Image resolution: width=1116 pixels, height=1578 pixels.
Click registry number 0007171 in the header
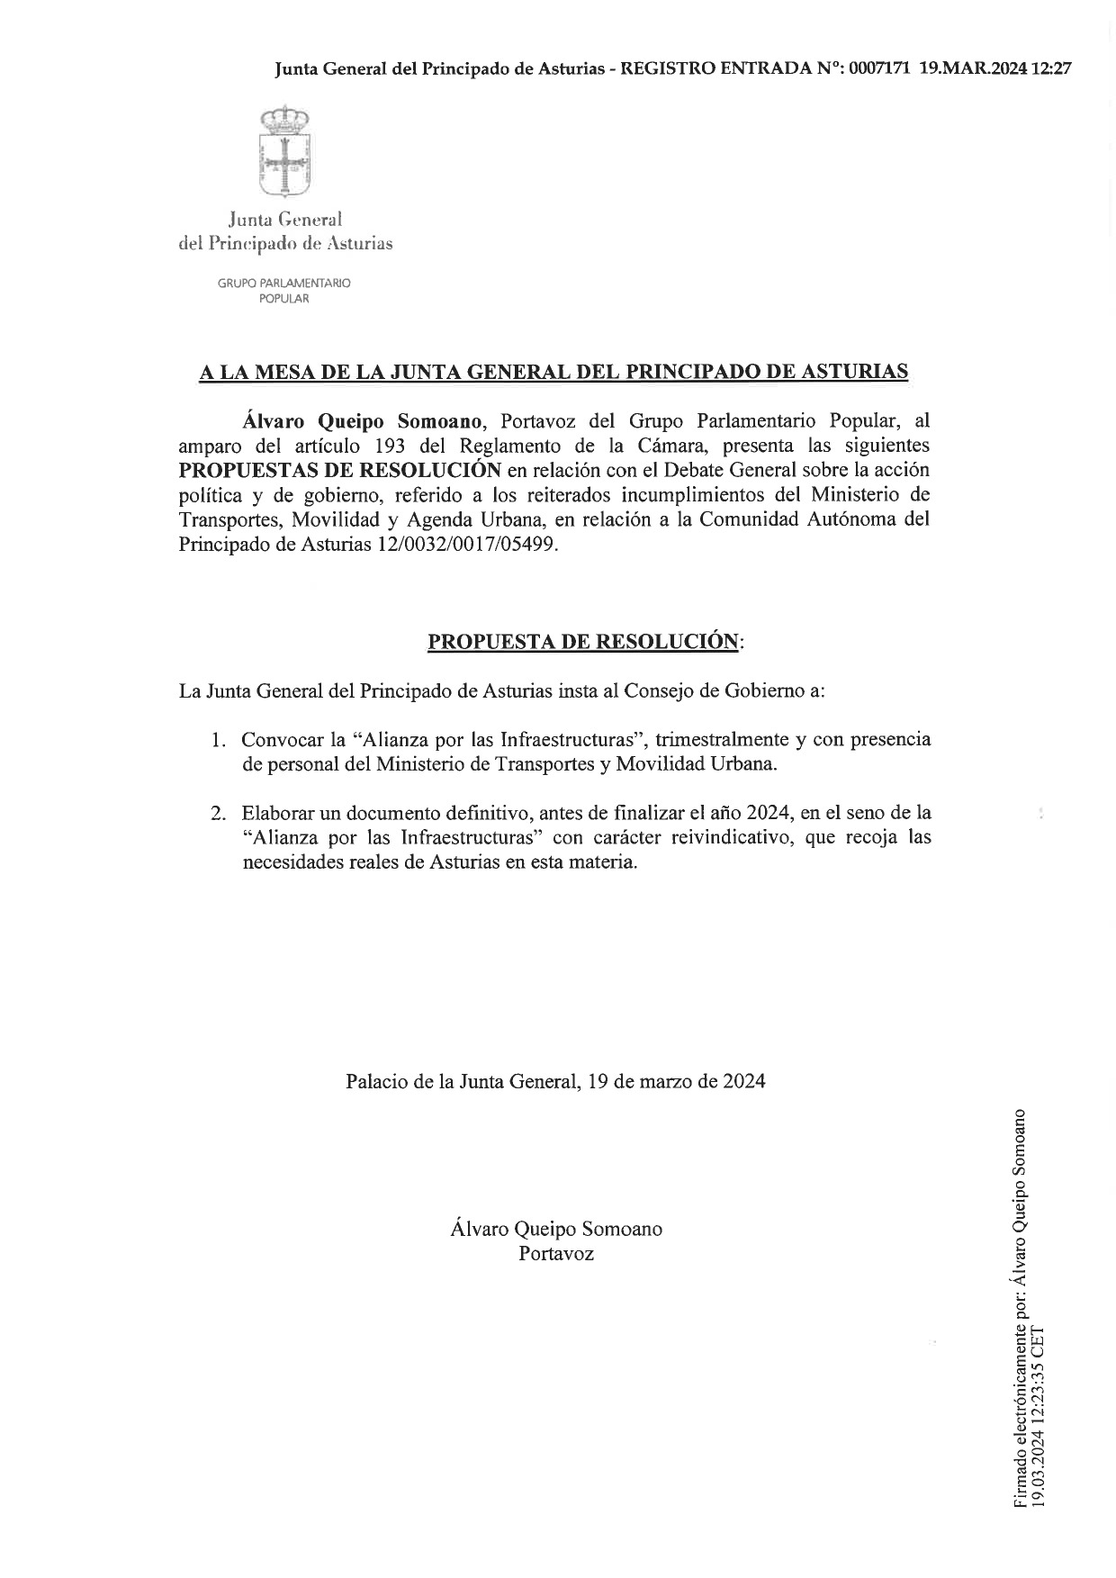click(x=879, y=68)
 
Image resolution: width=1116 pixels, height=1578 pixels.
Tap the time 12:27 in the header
click(x=1052, y=68)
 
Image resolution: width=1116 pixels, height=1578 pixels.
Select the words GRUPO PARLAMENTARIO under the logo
click(x=283, y=283)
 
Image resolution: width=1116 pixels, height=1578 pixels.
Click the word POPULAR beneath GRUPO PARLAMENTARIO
click(x=283, y=299)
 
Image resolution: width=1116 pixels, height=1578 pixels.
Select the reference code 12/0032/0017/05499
click(x=464, y=545)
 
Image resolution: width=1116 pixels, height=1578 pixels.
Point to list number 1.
click(x=217, y=741)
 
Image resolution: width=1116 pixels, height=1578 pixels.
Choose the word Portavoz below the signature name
click(x=556, y=1253)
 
